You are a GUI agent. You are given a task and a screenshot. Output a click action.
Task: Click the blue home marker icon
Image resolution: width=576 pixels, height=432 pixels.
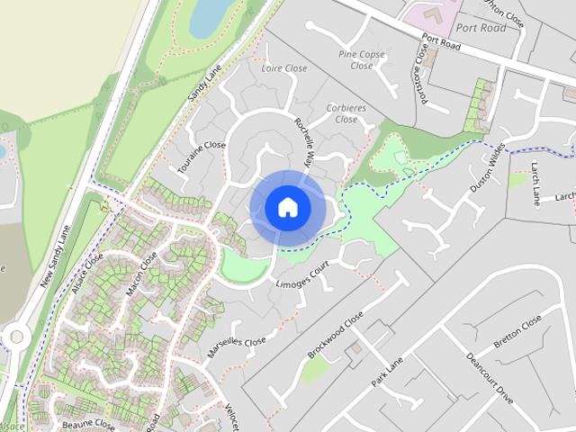287,207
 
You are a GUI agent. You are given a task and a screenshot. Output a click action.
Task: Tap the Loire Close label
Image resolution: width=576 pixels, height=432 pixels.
283,68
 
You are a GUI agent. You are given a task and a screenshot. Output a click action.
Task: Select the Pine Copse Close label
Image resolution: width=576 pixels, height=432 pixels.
361,59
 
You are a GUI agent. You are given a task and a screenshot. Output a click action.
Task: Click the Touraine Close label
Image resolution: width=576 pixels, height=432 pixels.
201,157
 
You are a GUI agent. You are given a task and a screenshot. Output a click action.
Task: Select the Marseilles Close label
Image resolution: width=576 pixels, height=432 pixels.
237,347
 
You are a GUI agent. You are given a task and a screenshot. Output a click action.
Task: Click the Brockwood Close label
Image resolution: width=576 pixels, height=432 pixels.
335,335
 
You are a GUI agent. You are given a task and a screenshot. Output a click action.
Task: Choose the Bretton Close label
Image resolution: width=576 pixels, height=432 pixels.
518,332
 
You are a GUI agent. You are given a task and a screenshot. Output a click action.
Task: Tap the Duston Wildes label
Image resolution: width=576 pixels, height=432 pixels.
487,168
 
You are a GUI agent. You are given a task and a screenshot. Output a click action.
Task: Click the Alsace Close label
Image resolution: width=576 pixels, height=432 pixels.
89,268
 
